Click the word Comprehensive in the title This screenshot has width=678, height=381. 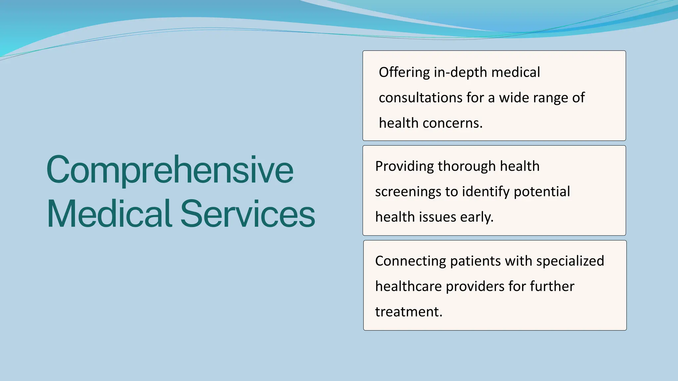pos(170,170)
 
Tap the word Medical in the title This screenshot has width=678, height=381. pos(109,214)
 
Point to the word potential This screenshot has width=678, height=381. pos(542,192)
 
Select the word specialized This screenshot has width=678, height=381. pos(570,261)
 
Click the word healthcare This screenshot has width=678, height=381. pos(409,286)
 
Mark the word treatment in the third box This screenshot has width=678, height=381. pos(409,312)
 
